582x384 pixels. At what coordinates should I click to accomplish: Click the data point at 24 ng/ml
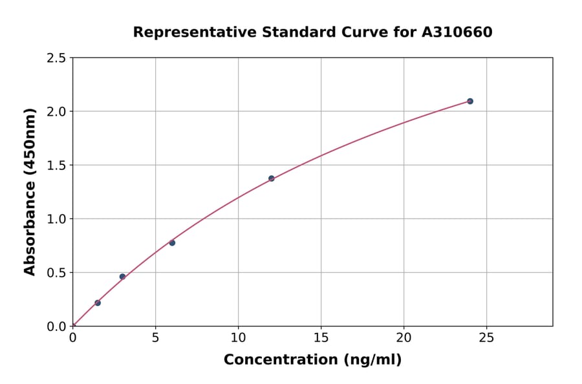coord(470,101)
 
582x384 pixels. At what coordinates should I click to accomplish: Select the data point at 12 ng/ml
coord(272,178)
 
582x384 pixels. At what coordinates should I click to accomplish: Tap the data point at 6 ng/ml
coord(172,243)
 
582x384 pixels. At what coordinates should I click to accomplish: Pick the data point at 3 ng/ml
coord(122,277)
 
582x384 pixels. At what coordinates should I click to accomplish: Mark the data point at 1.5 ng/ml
coord(98,303)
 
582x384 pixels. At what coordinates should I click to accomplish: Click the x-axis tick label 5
coord(155,337)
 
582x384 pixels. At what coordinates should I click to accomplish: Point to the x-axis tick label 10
coord(238,337)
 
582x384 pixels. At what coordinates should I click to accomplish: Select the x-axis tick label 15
coord(321,337)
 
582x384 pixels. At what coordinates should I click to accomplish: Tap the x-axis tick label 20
coord(404,337)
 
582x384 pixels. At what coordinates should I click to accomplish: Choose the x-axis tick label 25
coord(486,337)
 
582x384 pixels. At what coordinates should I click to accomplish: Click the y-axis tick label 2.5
coord(56,58)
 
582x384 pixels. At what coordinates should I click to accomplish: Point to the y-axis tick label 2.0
coord(56,112)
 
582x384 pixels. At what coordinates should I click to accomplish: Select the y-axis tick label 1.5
coord(56,165)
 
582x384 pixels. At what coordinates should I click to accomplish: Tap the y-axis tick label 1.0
coord(56,219)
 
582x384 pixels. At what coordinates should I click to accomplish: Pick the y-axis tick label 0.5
coord(56,273)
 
